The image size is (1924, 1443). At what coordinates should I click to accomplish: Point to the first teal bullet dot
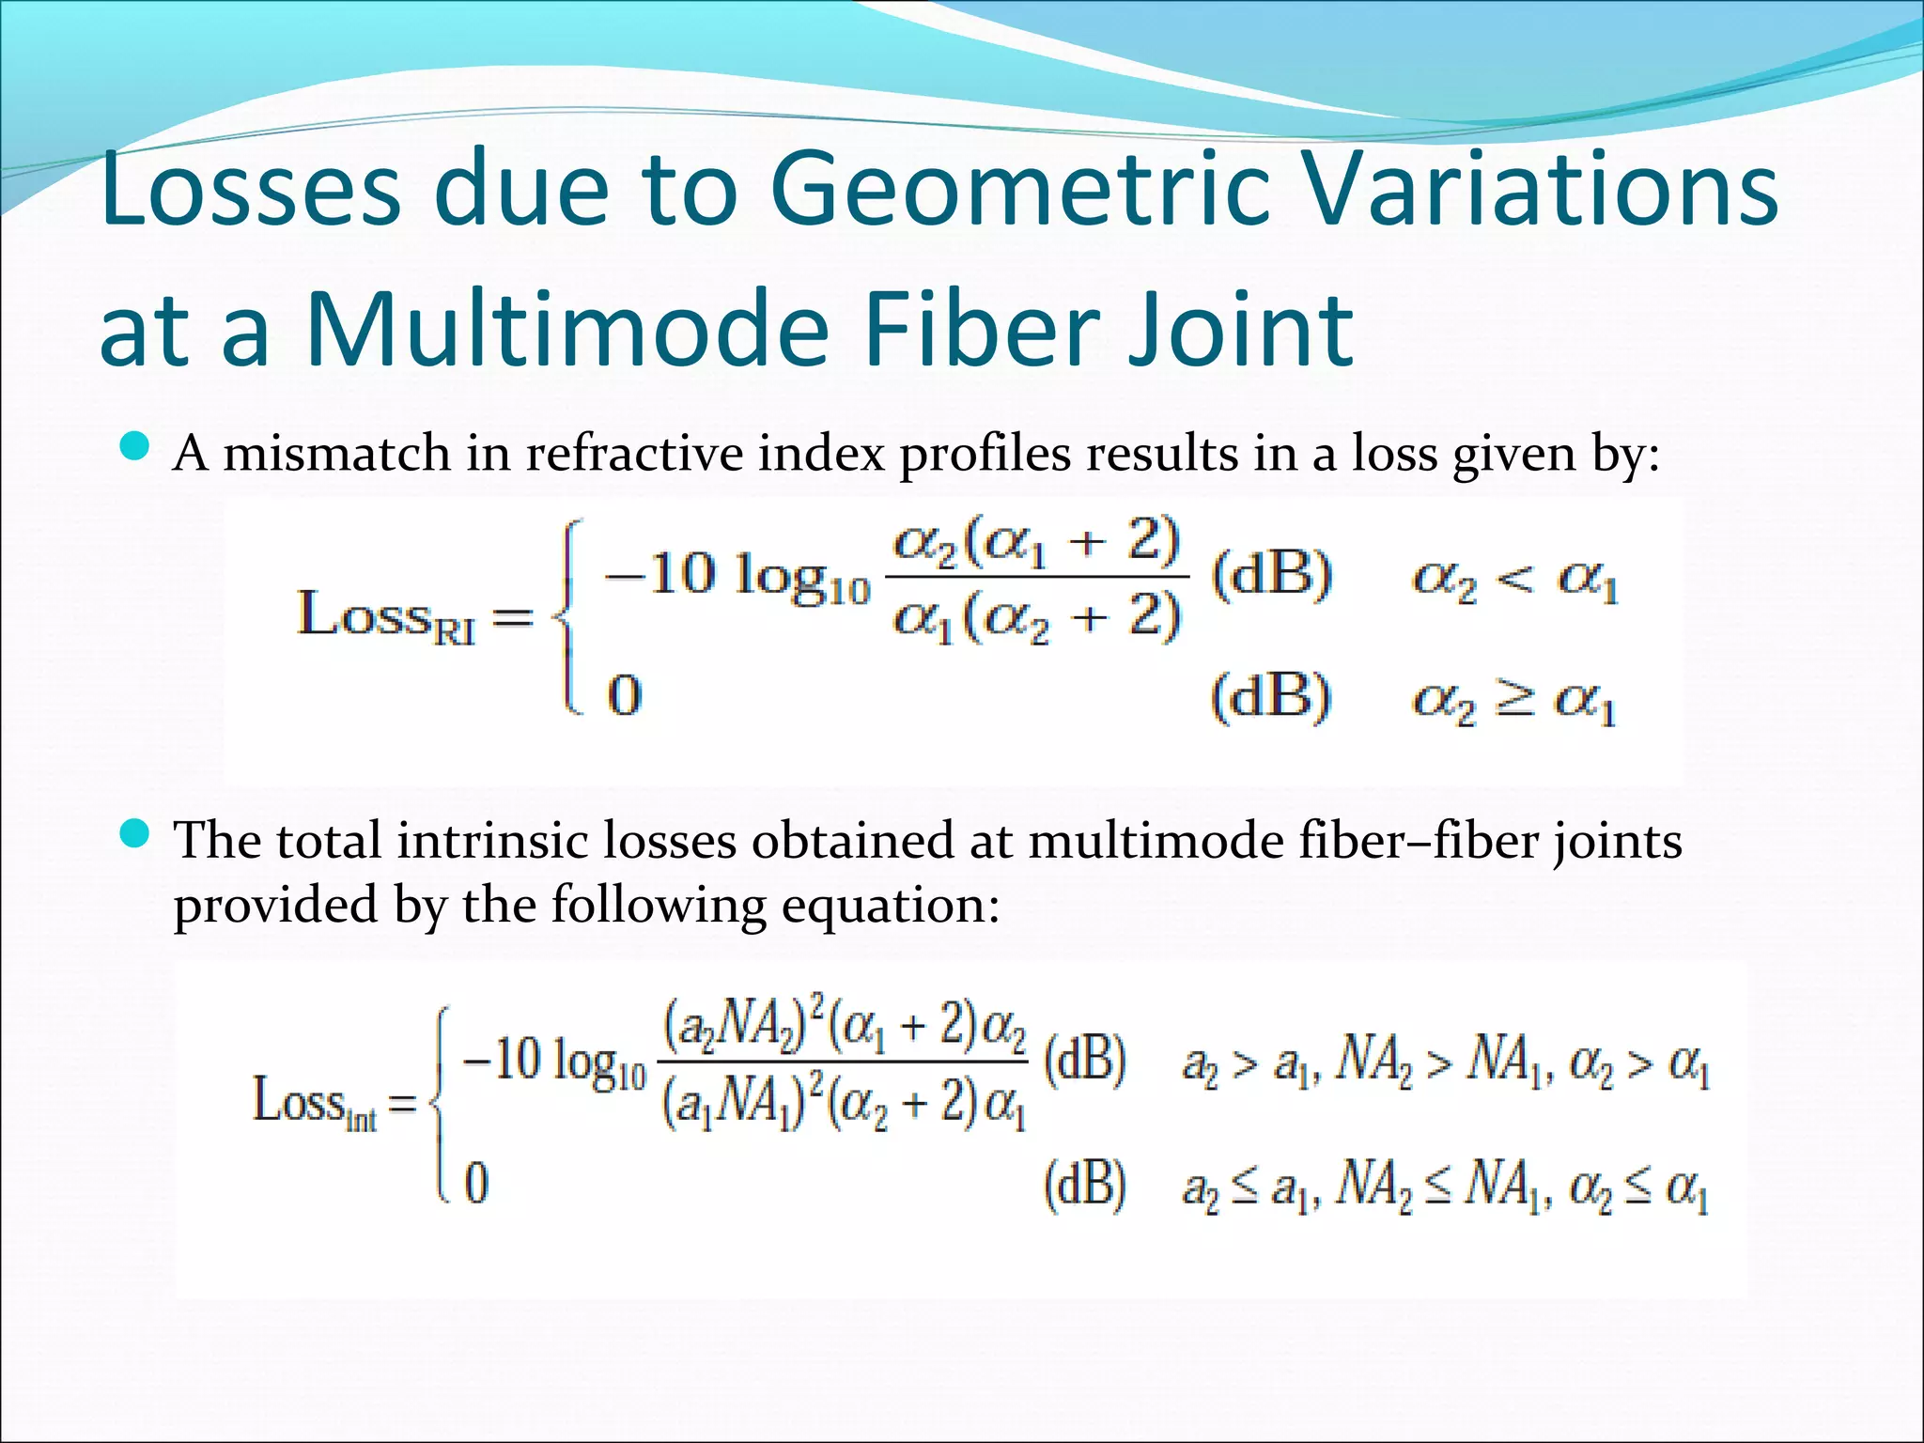pyautogui.click(x=136, y=445)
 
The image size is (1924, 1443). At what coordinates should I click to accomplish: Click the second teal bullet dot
pyautogui.click(x=136, y=832)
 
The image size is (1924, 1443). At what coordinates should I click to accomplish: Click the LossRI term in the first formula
pyautogui.click(x=386, y=616)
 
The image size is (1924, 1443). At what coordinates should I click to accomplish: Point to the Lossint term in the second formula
pyautogui.click(x=315, y=1102)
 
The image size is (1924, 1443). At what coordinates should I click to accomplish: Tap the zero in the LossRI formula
pyautogui.click(x=625, y=695)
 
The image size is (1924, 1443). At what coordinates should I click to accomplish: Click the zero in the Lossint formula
pyautogui.click(x=477, y=1182)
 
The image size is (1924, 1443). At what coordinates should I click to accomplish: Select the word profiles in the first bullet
pyautogui.click(x=985, y=454)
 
